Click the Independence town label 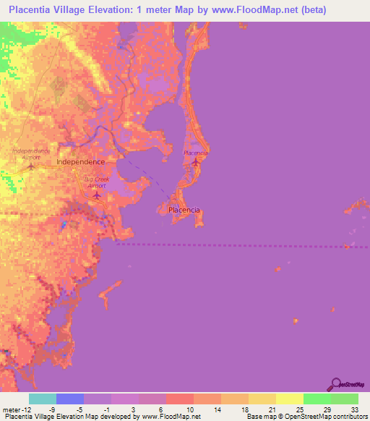(x=80, y=163)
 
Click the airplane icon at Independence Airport (x=30, y=166)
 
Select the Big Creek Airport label (x=97, y=182)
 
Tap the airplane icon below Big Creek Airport (x=98, y=194)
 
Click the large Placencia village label (x=184, y=210)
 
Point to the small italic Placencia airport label (x=196, y=153)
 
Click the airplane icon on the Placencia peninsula (x=196, y=162)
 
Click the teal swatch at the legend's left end (x=43, y=399)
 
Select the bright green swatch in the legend (x=317, y=399)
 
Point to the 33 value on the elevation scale (x=353, y=409)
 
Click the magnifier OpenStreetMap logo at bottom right (x=335, y=384)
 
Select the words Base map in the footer (x=259, y=417)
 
